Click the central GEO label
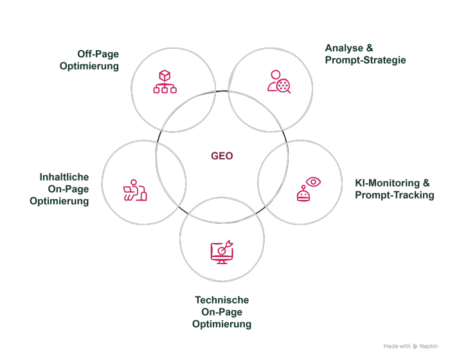click(x=222, y=156)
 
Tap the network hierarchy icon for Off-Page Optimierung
click(x=165, y=82)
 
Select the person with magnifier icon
click(x=280, y=81)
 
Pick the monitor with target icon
click(x=222, y=251)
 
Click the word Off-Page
click(x=98, y=53)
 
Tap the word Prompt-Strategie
click(x=365, y=60)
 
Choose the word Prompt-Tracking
click(x=394, y=195)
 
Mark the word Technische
click(x=222, y=300)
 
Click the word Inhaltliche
click(x=64, y=177)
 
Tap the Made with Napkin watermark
click(x=411, y=346)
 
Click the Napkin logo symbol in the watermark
click(x=417, y=346)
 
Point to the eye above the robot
click(x=313, y=181)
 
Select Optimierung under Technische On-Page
click(x=222, y=324)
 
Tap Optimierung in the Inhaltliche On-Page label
click(x=59, y=201)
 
